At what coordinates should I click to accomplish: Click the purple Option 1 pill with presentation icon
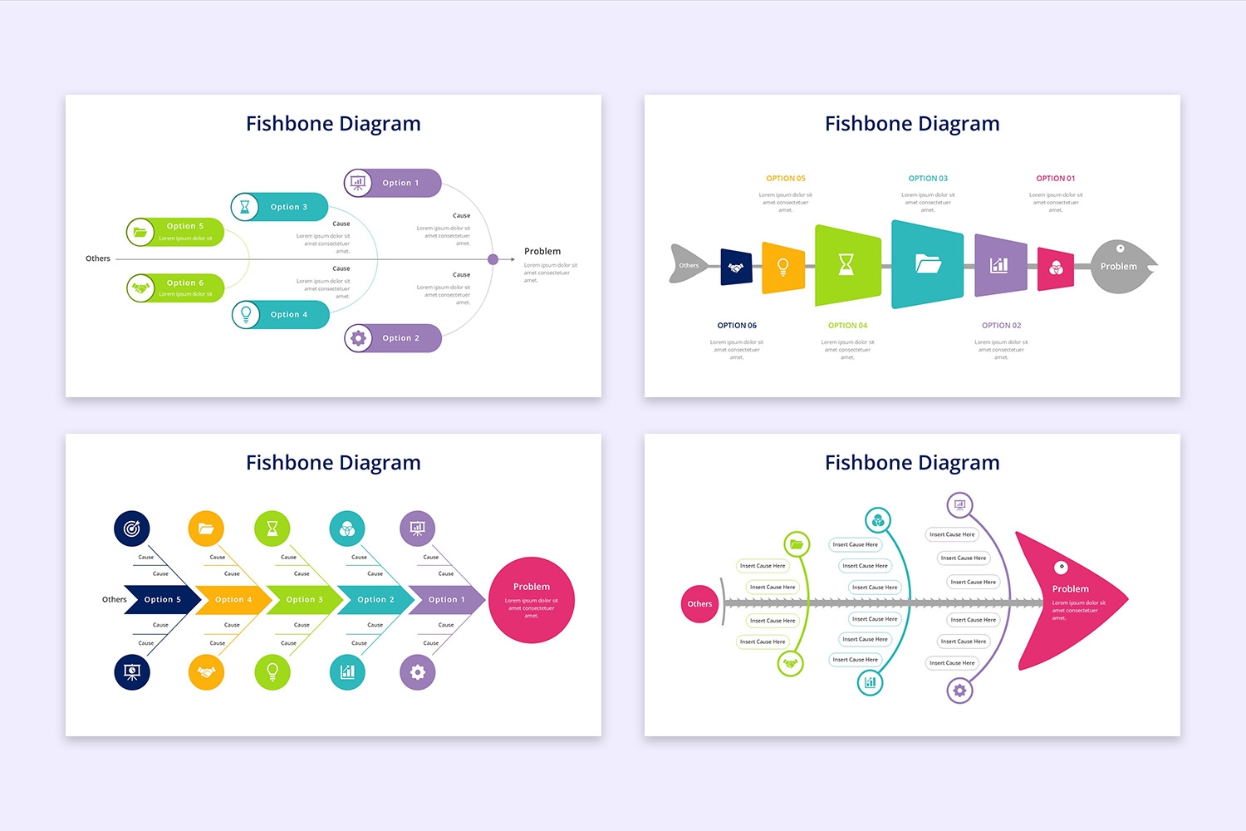(393, 183)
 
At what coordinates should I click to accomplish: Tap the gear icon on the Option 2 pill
(358, 338)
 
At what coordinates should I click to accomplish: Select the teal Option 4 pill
(281, 315)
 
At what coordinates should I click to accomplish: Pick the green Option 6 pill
(175, 288)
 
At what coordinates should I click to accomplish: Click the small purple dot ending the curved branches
(493, 259)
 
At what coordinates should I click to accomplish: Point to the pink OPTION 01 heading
(1055, 179)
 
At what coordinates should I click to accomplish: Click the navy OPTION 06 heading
(737, 326)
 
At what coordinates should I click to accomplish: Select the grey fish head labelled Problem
(1121, 266)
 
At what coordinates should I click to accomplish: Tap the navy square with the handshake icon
(736, 267)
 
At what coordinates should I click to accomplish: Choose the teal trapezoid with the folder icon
(927, 264)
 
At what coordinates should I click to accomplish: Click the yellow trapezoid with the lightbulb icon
(782, 267)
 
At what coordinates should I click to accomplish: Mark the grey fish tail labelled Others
(688, 264)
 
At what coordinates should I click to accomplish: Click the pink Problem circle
(532, 600)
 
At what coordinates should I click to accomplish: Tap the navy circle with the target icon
(132, 528)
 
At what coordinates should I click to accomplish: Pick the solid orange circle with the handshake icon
(206, 672)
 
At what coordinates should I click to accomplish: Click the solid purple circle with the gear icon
(417, 672)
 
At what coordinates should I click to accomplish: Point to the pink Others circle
(699, 604)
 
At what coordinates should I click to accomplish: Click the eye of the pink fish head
(1061, 568)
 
